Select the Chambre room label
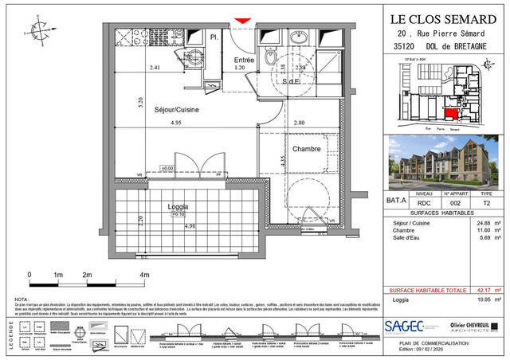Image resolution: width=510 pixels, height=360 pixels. click(306, 148)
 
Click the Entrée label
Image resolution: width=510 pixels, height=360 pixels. click(244, 60)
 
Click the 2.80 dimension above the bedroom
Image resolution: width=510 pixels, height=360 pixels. click(299, 123)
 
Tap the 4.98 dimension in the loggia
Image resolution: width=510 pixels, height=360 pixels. click(190, 226)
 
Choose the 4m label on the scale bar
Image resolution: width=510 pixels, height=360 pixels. click(144, 275)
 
